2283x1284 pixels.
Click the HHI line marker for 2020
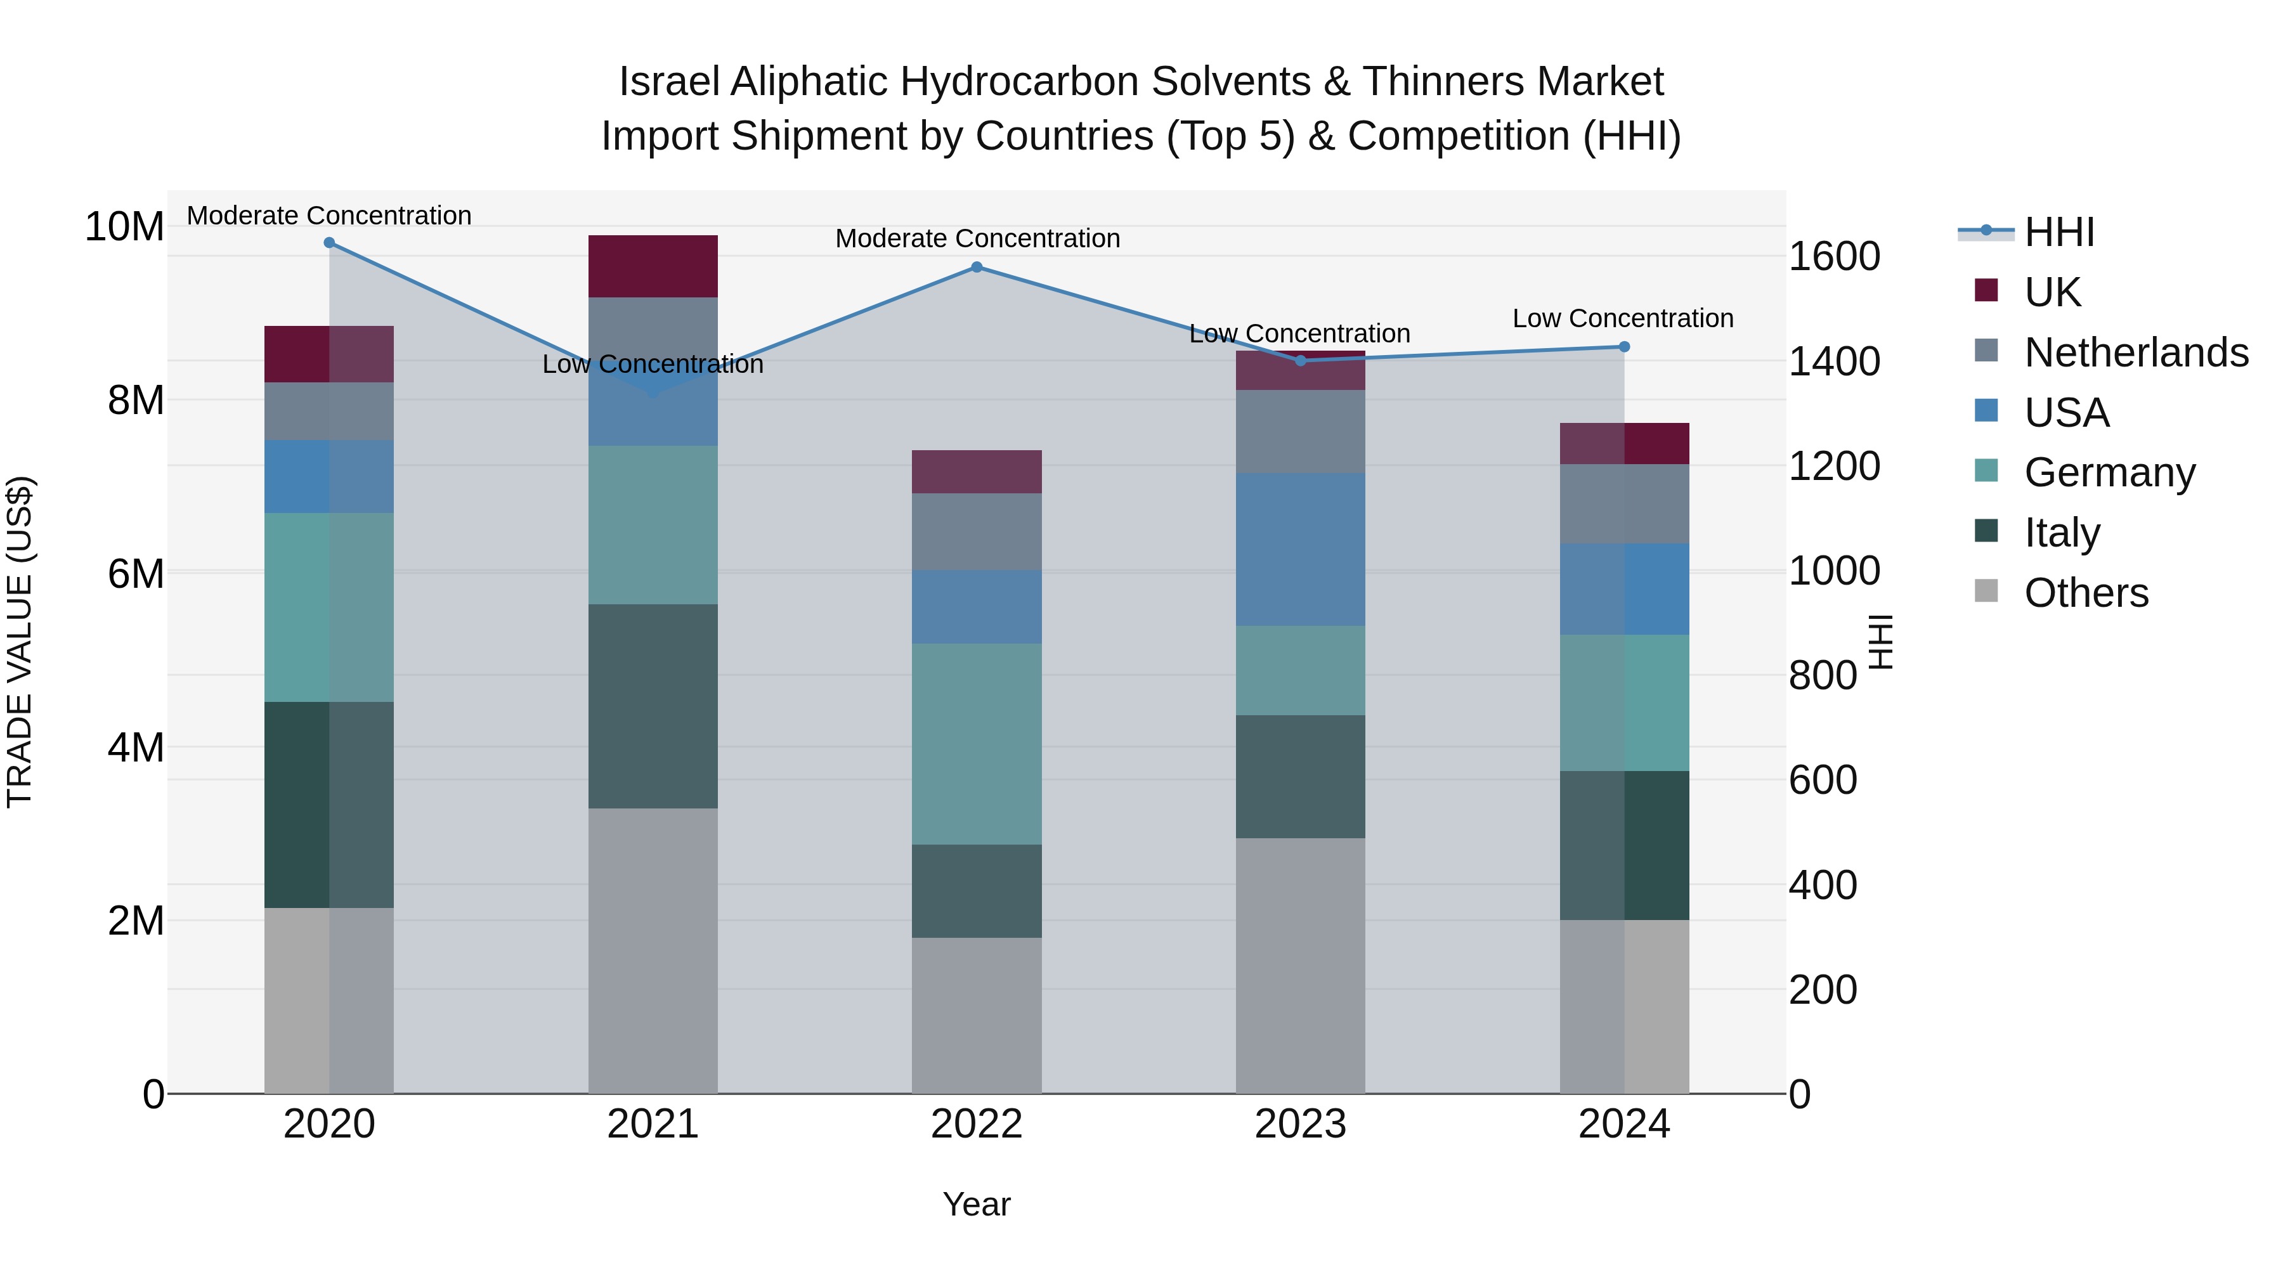click(328, 243)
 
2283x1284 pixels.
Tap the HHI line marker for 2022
click(977, 267)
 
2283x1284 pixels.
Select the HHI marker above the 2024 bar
click(1625, 346)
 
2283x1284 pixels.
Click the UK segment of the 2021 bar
click(653, 266)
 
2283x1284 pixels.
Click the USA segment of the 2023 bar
click(1300, 549)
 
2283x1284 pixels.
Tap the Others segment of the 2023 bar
click(1300, 966)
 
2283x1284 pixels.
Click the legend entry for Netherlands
click(2135, 353)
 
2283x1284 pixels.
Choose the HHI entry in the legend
click(2059, 232)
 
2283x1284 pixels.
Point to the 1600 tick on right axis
click(1833, 257)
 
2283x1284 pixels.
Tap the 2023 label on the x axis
click(1300, 1124)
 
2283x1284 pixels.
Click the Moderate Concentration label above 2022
click(977, 238)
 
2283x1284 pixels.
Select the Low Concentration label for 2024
click(1623, 318)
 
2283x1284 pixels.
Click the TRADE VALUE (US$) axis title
click(20, 642)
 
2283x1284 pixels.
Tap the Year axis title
click(977, 1204)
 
